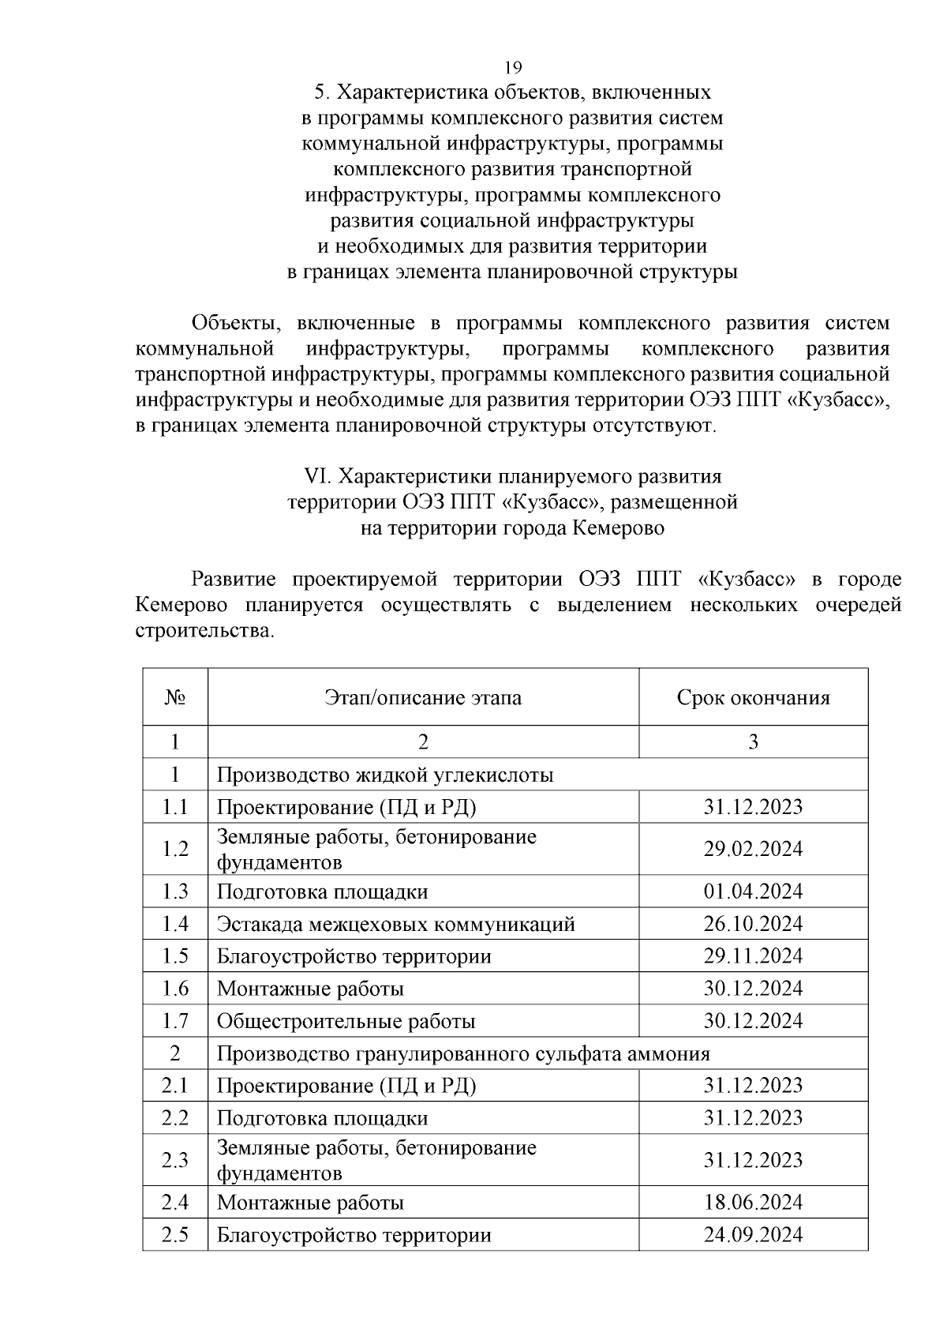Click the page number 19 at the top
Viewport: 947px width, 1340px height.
coord(513,66)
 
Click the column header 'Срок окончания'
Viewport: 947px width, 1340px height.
coord(753,698)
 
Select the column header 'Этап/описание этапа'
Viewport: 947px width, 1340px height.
coord(423,698)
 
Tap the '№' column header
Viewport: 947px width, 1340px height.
coord(175,698)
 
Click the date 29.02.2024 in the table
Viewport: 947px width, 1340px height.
coord(753,849)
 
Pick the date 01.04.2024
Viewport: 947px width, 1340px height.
coord(753,891)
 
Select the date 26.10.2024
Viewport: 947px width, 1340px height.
coord(753,924)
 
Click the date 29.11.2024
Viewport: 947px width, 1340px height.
coord(753,956)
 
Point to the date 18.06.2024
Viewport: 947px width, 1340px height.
coord(753,1203)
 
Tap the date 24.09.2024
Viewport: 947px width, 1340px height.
coord(753,1235)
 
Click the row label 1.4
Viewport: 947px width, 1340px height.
coord(175,924)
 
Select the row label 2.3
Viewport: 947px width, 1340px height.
coord(175,1160)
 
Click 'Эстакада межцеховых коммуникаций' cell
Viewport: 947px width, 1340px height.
coord(396,924)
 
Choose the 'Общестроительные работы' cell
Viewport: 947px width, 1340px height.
coord(346,1021)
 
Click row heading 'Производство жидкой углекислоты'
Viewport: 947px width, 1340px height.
coord(385,775)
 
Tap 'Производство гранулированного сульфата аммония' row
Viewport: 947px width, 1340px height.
coord(463,1053)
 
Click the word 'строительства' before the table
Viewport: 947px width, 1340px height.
coord(203,632)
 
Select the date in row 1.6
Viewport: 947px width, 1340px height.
coord(753,989)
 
